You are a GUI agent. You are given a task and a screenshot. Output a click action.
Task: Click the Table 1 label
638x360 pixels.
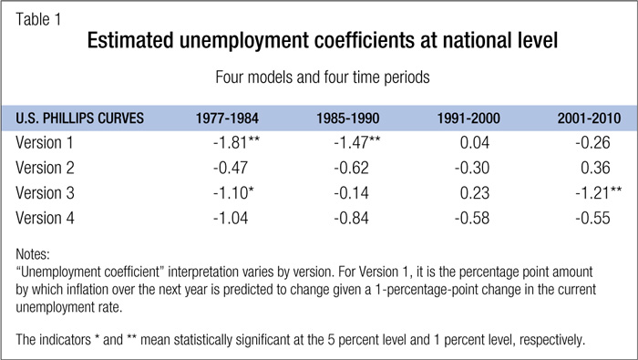pyautogui.click(x=38, y=19)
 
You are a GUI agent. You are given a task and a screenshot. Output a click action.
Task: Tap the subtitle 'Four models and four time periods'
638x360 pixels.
pyautogui.click(x=323, y=77)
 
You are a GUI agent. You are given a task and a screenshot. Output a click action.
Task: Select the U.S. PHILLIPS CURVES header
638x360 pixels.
pyautogui.click(x=80, y=118)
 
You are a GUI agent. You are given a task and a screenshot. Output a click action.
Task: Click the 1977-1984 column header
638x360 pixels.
pyautogui.click(x=227, y=118)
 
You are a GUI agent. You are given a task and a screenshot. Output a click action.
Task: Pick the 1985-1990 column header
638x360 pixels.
pyautogui.click(x=348, y=118)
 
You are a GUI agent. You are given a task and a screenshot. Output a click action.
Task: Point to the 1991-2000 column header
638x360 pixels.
pyautogui.click(x=468, y=118)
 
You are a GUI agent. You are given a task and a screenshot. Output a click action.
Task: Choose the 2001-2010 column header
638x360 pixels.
pyautogui.click(x=589, y=118)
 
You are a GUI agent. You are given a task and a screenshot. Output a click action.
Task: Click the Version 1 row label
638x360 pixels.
pyautogui.click(x=45, y=142)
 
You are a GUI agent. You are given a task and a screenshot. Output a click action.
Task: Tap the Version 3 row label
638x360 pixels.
pyautogui.click(x=45, y=193)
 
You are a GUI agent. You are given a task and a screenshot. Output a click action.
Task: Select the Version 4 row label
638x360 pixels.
pyautogui.click(x=45, y=218)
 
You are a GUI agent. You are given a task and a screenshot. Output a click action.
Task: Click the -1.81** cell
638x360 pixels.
pyautogui.click(x=236, y=142)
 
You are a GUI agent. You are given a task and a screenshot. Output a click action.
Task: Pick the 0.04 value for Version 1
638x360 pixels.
pyautogui.click(x=475, y=142)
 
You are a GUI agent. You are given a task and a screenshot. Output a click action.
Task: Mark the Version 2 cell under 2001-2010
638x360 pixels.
pyautogui.click(x=595, y=168)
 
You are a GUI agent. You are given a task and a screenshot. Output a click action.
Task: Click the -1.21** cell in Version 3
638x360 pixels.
pyautogui.click(x=599, y=193)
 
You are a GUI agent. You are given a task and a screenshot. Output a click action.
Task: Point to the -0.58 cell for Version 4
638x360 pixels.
pyautogui.click(x=472, y=218)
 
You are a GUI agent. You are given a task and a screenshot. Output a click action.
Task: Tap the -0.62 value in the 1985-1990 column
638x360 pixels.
pyautogui.click(x=351, y=168)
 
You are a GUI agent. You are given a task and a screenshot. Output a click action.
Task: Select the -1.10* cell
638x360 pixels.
pyautogui.click(x=233, y=193)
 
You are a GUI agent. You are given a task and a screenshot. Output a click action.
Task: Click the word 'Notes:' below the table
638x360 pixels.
pyautogui.click(x=33, y=254)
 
